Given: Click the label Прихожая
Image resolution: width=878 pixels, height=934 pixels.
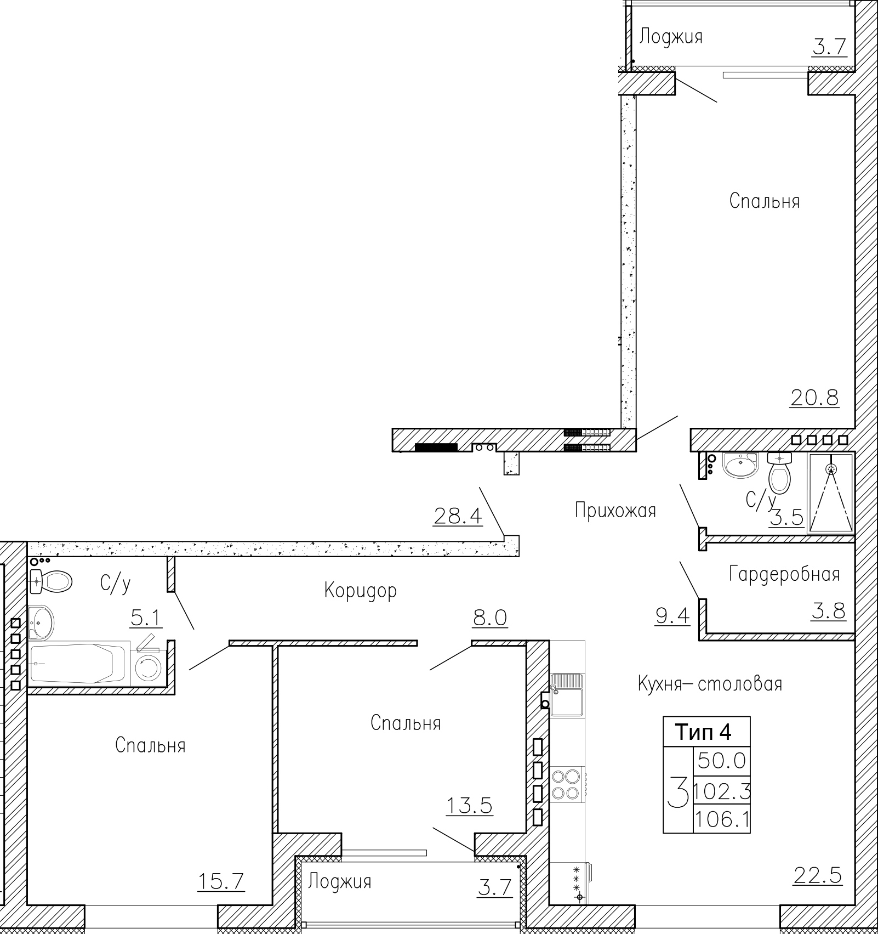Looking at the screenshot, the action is click(615, 511).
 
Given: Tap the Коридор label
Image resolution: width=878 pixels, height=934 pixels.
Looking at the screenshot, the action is click(360, 591).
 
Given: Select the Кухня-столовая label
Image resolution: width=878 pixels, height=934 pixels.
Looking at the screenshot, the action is click(710, 684).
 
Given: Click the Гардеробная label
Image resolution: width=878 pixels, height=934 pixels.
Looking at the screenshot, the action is click(784, 575).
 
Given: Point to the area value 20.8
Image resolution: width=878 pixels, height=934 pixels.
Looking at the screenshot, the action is click(814, 397).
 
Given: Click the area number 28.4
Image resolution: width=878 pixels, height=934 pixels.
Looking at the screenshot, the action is click(458, 516).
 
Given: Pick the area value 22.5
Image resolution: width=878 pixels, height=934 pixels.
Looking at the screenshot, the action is click(817, 876).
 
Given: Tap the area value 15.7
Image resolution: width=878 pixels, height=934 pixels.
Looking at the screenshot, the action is click(220, 881).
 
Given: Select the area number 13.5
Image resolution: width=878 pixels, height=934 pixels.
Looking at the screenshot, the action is click(469, 806).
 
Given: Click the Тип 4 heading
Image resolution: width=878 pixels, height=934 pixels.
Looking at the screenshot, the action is click(703, 732).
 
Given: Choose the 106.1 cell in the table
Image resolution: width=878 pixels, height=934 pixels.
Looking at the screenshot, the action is click(722, 820).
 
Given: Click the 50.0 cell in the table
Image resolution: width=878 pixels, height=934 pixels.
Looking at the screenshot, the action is click(722, 761).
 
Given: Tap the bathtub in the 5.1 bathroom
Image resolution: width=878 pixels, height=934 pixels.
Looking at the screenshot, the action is click(79, 663).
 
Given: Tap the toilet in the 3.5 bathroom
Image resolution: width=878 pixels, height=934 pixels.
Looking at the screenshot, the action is click(780, 472).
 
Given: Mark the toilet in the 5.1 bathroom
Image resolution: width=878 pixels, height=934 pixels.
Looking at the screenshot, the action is click(51, 581).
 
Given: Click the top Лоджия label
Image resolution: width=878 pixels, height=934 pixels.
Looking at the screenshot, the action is click(671, 37).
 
